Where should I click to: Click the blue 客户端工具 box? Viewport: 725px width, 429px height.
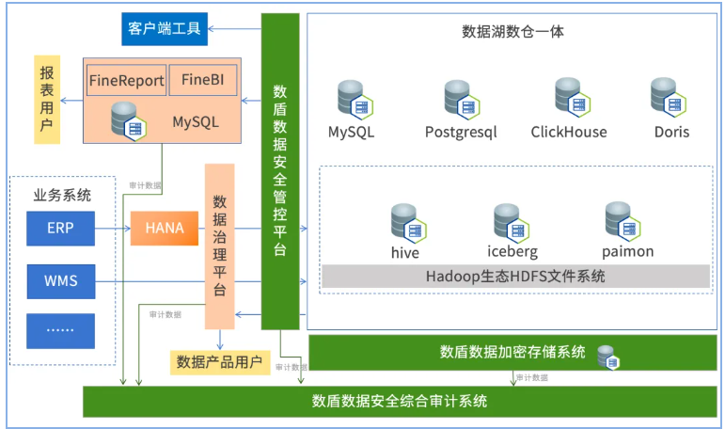[x=165, y=28]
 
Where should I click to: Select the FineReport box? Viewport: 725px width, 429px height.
[x=127, y=81]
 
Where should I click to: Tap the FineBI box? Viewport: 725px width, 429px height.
[x=202, y=81]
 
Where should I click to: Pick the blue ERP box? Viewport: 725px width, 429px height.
[x=61, y=228]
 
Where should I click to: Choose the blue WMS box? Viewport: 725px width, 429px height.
[x=61, y=280]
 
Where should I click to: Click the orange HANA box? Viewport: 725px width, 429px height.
[x=165, y=228]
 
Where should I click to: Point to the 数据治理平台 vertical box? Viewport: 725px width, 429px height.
[x=219, y=246]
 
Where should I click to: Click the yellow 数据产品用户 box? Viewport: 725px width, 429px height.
[x=215, y=362]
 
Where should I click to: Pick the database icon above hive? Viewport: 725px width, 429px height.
[x=408, y=222]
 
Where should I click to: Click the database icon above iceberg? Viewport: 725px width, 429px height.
[x=512, y=222]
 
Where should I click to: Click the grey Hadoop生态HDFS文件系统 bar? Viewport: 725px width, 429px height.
[x=515, y=277]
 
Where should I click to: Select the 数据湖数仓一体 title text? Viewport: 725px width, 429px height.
[x=512, y=31]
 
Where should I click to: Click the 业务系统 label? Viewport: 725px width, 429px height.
[x=62, y=196]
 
